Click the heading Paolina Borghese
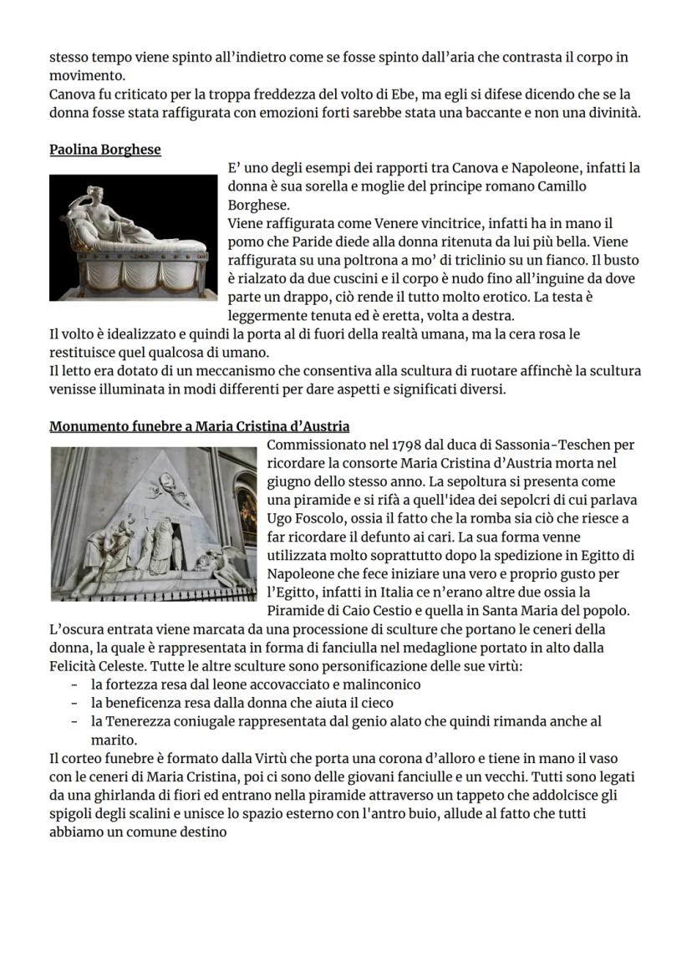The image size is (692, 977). point(105,150)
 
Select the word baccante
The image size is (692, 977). point(471,113)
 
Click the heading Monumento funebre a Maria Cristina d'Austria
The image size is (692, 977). point(200,427)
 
